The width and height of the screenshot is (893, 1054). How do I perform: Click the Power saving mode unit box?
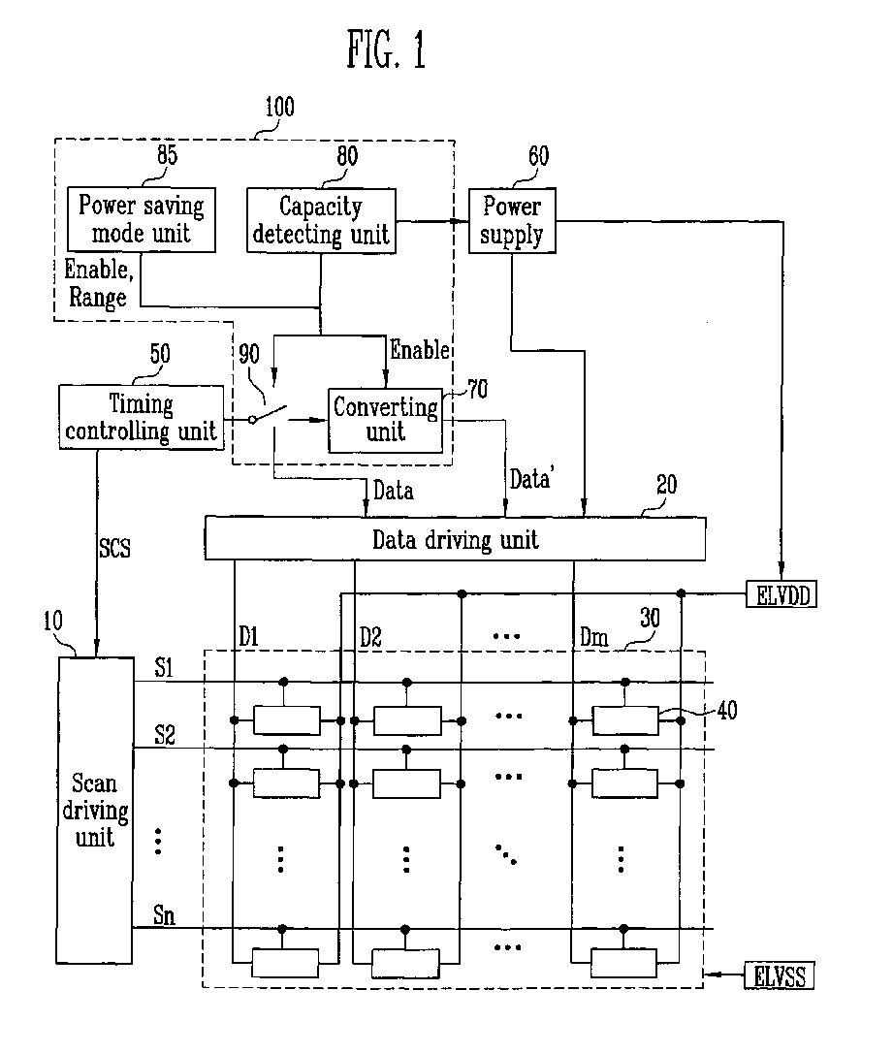coord(142,220)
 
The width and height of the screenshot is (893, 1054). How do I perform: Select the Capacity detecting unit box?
coord(321,220)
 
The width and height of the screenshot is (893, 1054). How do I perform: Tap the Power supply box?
coord(512,220)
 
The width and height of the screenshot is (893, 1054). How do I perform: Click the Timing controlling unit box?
coord(142,417)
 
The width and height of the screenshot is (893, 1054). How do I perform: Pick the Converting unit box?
coord(386,420)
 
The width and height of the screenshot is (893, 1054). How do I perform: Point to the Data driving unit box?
coord(455,538)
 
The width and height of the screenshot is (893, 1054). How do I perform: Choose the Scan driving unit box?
coord(94,810)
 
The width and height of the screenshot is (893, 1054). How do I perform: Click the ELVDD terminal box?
coord(781,595)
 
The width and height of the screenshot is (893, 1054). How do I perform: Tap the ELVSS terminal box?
coord(779,976)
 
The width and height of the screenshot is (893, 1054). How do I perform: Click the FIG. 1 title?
coord(386,49)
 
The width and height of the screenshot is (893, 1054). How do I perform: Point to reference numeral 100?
coord(279,107)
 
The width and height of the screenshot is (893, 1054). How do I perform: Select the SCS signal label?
coord(115,548)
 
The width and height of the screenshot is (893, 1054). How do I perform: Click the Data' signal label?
coord(530,479)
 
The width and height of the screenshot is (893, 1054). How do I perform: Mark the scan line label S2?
coord(165,734)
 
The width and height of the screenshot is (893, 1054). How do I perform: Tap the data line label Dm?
coord(594,636)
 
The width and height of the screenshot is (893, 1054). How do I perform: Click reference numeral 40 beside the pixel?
coord(727,710)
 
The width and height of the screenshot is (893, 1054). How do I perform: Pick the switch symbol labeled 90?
coord(269,414)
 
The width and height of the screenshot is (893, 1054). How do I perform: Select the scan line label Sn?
coord(164,914)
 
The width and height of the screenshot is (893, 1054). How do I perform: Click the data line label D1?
coord(248,636)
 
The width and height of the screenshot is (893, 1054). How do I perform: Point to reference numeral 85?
coord(168,155)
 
